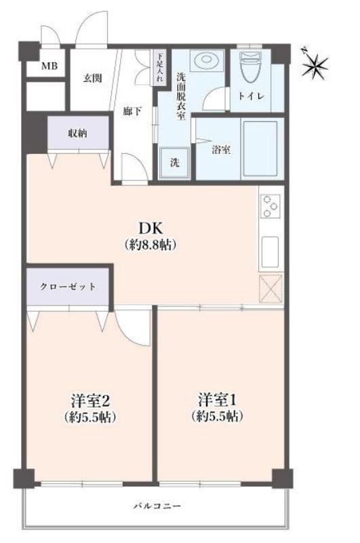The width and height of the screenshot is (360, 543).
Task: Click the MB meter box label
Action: tap(49, 66)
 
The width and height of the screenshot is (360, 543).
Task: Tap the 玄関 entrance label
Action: tap(92, 78)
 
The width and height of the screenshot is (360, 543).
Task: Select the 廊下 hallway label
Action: tap(132, 111)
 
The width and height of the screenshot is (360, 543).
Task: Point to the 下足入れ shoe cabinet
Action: tap(160, 68)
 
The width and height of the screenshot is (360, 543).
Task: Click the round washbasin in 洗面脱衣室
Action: tap(206, 60)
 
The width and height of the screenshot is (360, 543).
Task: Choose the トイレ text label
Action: tap(252, 96)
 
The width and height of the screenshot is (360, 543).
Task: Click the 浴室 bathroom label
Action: tap(222, 150)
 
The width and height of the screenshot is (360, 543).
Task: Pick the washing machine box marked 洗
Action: tap(175, 163)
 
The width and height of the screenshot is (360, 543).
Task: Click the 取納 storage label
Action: tap(77, 133)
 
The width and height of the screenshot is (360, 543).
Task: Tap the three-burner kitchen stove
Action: tap(271, 205)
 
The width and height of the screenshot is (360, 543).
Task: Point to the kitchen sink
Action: tap(271, 252)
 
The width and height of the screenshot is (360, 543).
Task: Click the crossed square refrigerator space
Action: tap(271, 289)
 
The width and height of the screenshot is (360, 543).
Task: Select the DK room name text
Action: tap(150, 228)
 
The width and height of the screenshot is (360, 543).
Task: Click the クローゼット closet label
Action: tap(68, 286)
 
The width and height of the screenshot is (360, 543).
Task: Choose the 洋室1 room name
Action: tap(218, 400)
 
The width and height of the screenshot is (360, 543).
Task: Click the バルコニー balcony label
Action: tap(157, 506)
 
